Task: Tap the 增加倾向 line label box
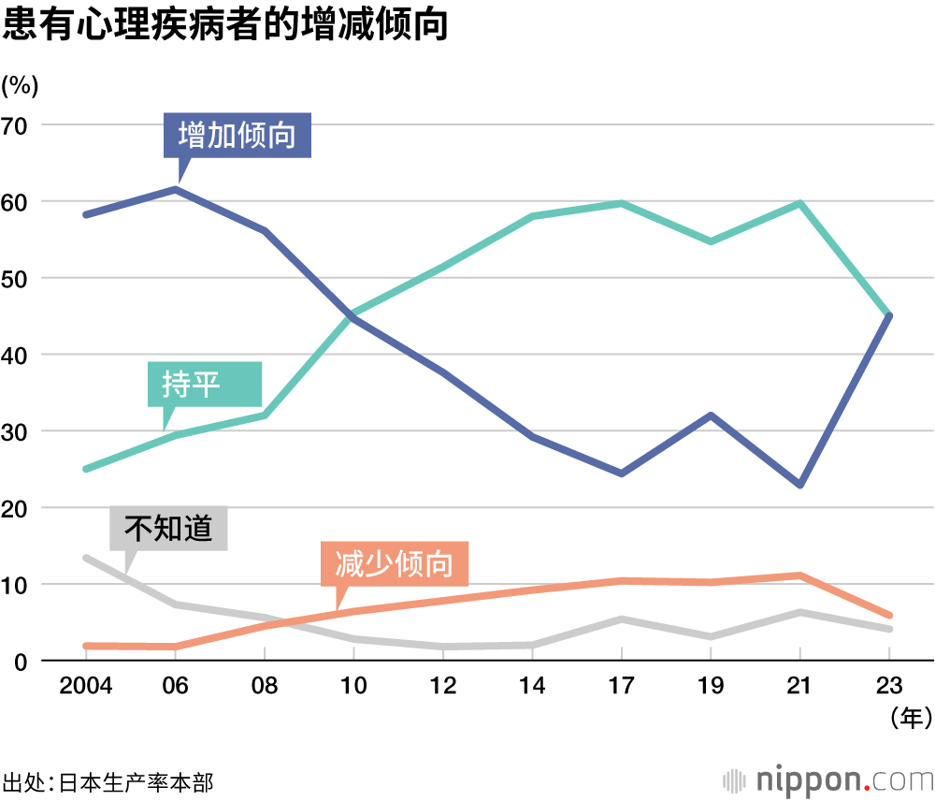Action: coord(237,136)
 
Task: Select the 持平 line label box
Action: coord(205,384)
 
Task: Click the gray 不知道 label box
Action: coord(168,529)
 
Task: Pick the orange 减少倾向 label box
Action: coord(394,564)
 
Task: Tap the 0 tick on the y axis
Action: coord(21,661)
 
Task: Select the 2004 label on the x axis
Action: coord(85,686)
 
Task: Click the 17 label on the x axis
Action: coord(621,686)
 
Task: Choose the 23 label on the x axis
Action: coord(889,686)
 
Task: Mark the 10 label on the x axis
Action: coord(353,686)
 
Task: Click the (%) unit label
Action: coord(20,85)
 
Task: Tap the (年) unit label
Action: coord(908,718)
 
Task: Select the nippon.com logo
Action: coord(828,779)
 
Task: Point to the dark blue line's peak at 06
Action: coord(175,190)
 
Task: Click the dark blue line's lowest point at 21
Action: coord(800,485)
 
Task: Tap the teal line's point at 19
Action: coord(711,241)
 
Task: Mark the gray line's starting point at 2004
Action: coord(85,558)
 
